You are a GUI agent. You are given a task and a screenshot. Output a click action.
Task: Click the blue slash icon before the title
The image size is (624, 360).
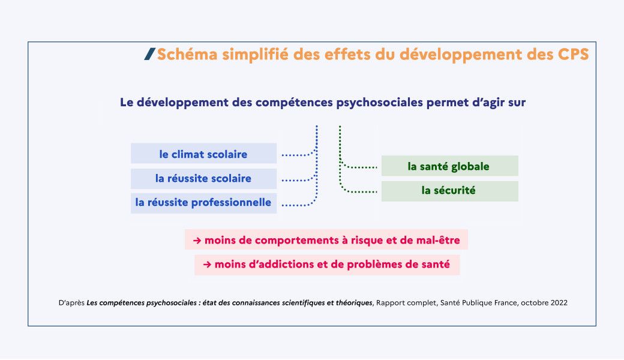(x=149, y=54)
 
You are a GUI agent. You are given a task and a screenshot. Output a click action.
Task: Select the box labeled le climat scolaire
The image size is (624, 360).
(x=204, y=154)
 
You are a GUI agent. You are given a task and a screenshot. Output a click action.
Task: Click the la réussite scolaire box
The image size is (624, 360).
(x=204, y=179)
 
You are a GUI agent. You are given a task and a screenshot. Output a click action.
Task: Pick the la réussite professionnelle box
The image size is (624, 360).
(x=204, y=203)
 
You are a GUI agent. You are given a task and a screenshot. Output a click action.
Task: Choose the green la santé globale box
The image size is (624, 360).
(x=449, y=166)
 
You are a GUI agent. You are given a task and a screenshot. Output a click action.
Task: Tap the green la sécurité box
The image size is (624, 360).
(x=449, y=191)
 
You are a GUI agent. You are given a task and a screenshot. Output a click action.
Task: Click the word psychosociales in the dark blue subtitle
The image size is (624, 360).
(x=379, y=103)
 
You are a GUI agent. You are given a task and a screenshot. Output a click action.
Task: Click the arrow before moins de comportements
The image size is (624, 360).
(x=197, y=240)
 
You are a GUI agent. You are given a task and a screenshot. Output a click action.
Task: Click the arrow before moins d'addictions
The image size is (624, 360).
(x=207, y=265)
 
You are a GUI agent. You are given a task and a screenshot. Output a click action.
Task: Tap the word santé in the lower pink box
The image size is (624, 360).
(x=434, y=265)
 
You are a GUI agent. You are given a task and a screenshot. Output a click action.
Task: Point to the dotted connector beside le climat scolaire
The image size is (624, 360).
(x=298, y=154)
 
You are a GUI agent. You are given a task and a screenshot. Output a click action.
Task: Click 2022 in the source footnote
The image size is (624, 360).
(x=559, y=303)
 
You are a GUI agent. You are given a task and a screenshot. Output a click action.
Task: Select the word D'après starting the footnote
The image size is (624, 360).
(x=71, y=303)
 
